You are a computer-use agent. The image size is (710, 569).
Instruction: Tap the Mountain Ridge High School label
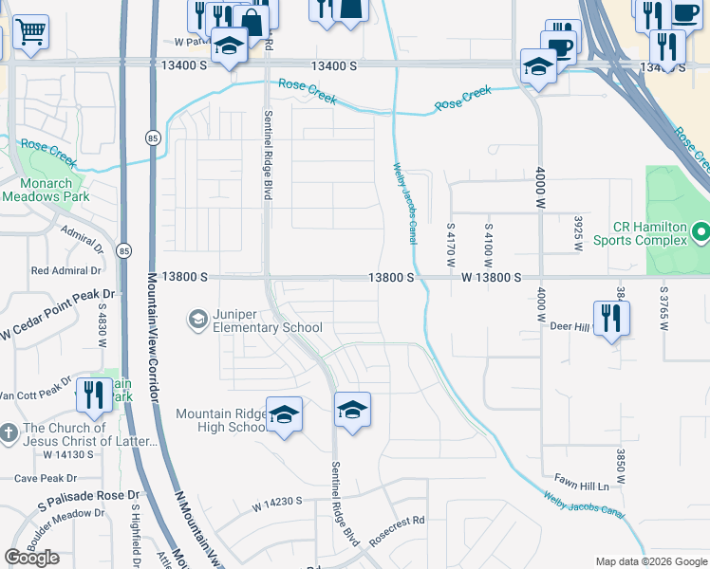click(222, 421)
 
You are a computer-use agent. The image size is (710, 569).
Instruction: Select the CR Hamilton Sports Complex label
click(649, 233)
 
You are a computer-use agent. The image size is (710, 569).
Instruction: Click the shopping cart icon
click(31, 31)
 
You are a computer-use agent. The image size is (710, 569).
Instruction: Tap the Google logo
click(32, 558)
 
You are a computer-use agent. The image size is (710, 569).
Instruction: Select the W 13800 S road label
click(492, 278)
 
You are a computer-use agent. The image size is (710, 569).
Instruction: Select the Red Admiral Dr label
click(67, 270)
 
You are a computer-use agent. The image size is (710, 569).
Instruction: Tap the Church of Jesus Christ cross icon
click(8, 433)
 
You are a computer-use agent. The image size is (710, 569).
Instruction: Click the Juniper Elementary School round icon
click(197, 319)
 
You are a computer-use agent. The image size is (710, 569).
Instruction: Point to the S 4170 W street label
click(451, 243)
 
